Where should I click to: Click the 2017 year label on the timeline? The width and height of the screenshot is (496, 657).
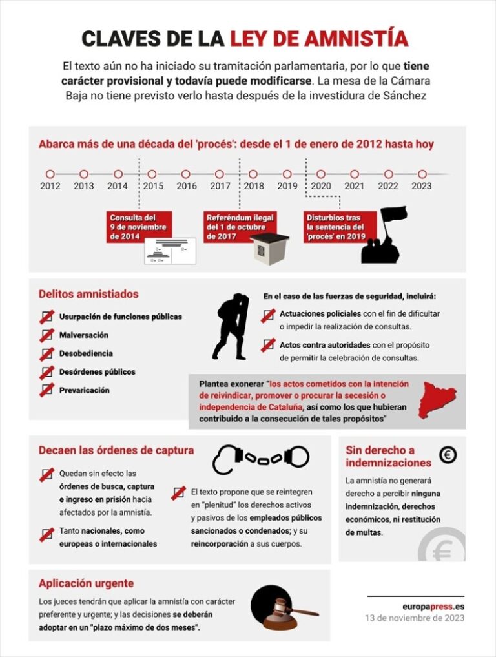pos(220,186)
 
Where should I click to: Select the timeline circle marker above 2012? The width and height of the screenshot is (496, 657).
pos(50,174)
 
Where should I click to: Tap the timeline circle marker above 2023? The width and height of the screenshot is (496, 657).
pos(422,174)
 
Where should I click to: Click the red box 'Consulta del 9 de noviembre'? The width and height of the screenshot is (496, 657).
pos(139,227)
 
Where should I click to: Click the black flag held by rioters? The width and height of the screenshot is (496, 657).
pos(393,214)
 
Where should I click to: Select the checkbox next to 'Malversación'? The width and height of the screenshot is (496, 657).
pos(46,335)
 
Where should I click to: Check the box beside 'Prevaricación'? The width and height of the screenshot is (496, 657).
pos(46,390)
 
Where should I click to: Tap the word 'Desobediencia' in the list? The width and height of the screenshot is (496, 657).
pos(86,353)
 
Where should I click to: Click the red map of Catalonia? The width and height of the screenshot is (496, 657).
pos(437,399)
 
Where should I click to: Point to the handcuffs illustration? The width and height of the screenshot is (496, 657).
pos(261,457)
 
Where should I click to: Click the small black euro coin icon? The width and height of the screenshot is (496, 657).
pos(448,455)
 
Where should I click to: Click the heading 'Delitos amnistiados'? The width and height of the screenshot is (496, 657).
pos(88,294)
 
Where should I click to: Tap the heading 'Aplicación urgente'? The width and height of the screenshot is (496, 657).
pos(86,583)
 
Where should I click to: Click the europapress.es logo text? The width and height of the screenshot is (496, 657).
pos(432,606)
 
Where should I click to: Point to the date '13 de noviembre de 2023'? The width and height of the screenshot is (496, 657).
pos(415,618)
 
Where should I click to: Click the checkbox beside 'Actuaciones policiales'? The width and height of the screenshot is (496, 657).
pos(268,316)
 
